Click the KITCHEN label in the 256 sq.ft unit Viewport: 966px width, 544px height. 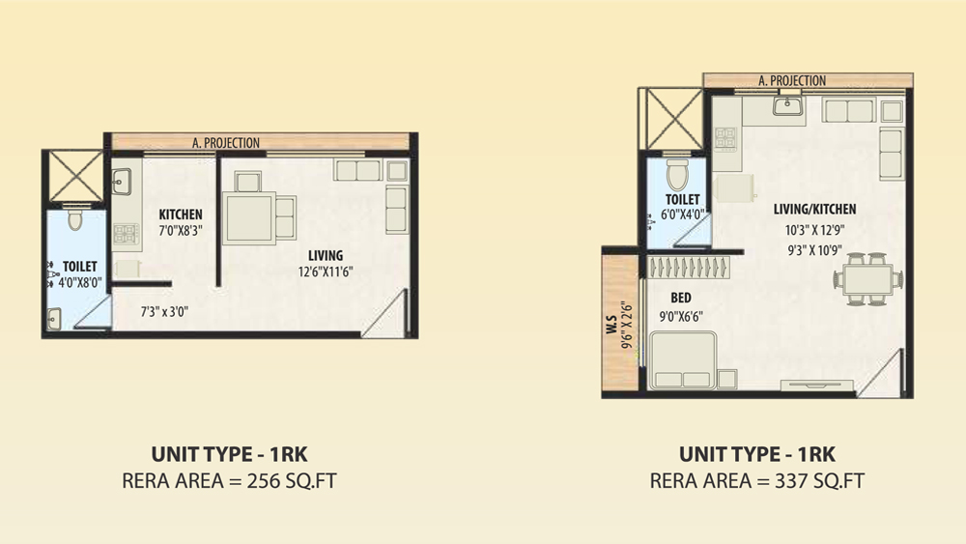coord(181,215)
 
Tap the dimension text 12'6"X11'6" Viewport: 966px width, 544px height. coord(326,272)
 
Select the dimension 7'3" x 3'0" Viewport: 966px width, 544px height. coord(164,312)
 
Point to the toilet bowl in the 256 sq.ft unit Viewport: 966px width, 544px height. coord(75,219)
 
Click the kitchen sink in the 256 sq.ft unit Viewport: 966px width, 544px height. coord(121,182)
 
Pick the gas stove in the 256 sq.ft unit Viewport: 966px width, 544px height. coord(126,234)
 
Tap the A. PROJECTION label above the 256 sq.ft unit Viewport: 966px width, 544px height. coord(226,143)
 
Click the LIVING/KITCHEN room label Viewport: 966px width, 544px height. coord(814,210)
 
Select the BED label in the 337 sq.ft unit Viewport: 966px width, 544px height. coord(681,299)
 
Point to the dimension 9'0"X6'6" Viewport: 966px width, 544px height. coord(681,317)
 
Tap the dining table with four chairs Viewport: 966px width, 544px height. coord(868,279)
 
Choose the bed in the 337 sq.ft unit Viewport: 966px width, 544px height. coord(683,360)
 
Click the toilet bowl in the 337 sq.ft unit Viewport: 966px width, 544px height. coord(677,174)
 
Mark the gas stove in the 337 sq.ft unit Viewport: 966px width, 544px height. coord(725,138)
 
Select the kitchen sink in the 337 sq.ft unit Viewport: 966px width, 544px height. coord(787,106)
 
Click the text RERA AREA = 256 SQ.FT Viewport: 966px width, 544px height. coord(229,480)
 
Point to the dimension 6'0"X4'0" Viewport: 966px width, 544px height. coord(682,215)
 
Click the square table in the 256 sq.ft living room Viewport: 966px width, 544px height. coord(249,218)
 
